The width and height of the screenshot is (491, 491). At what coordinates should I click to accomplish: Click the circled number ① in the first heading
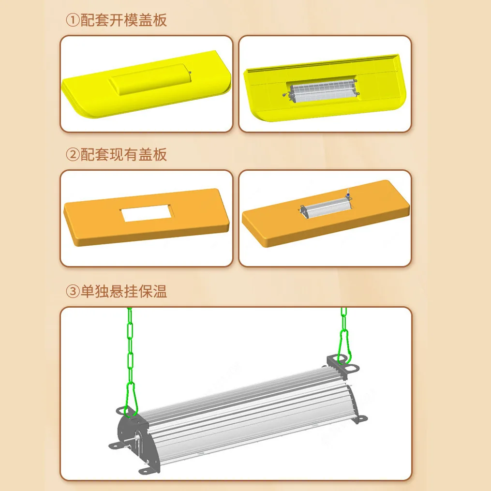pyautogui.click(x=73, y=21)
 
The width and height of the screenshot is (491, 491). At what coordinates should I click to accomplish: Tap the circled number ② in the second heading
pyautogui.click(x=73, y=155)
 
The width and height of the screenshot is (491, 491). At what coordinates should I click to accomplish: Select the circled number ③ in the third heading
pyautogui.click(x=73, y=292)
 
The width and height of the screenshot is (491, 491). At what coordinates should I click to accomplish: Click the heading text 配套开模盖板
pyautogui.click(x=124, y=21)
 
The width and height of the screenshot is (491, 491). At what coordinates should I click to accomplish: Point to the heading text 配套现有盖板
pyautogui.click(x=124, y=155)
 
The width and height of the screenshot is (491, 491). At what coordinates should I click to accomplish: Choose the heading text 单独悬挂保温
pyautogui.click(x=124, y=292)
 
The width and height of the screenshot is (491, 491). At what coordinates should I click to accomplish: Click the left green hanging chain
pyautogui.click(x=130, y=353)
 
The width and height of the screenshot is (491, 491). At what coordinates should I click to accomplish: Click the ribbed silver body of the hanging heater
pyautogui.click(x=252, y=406)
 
